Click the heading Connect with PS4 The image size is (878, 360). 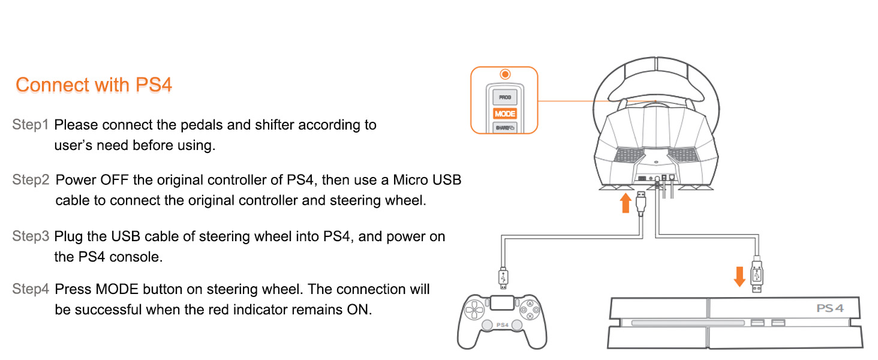pyautogui.click(x=94, y=85)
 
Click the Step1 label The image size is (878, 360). pyautogui.click(x=31, y=125)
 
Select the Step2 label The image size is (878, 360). pyautogui.click(x=31, y=180)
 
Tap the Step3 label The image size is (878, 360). pyautogui.click(x=31, y=236)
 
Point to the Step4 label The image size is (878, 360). pyautogui.click(x=31, y=289)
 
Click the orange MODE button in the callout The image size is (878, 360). pyautogui.click(x=505, y=114)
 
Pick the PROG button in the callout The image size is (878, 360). pyautogui.click(x=505, y=97)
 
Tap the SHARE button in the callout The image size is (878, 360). pyautogui.click(x=505, y=128)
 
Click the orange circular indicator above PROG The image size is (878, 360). pyautogui.click(x=505, y=74)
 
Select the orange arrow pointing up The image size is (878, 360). pyautogui.click(x=626, y=203)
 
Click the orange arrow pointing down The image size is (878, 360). pyautogui.click(x=739, y=277)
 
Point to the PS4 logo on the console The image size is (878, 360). pyautogui.click(x=830, y=308)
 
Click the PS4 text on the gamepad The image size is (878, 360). pyautogui.click(x=502, y=325)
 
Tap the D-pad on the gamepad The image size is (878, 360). pyautogui.click(x=474, y=310)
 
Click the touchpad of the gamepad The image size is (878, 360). pyautogui.click(x=502, y=304)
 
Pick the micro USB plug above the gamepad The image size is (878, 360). pyautogui.click(x=503, y=278)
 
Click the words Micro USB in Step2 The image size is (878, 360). pyautogui.click(x=427, y=180)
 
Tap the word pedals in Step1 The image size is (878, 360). pyautogui.click(x=197, y=125)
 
